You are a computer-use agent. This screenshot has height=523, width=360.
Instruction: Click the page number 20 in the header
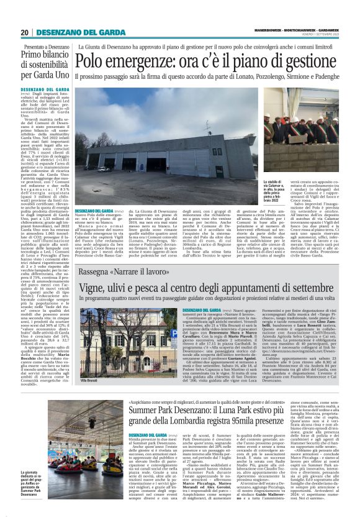25,32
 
